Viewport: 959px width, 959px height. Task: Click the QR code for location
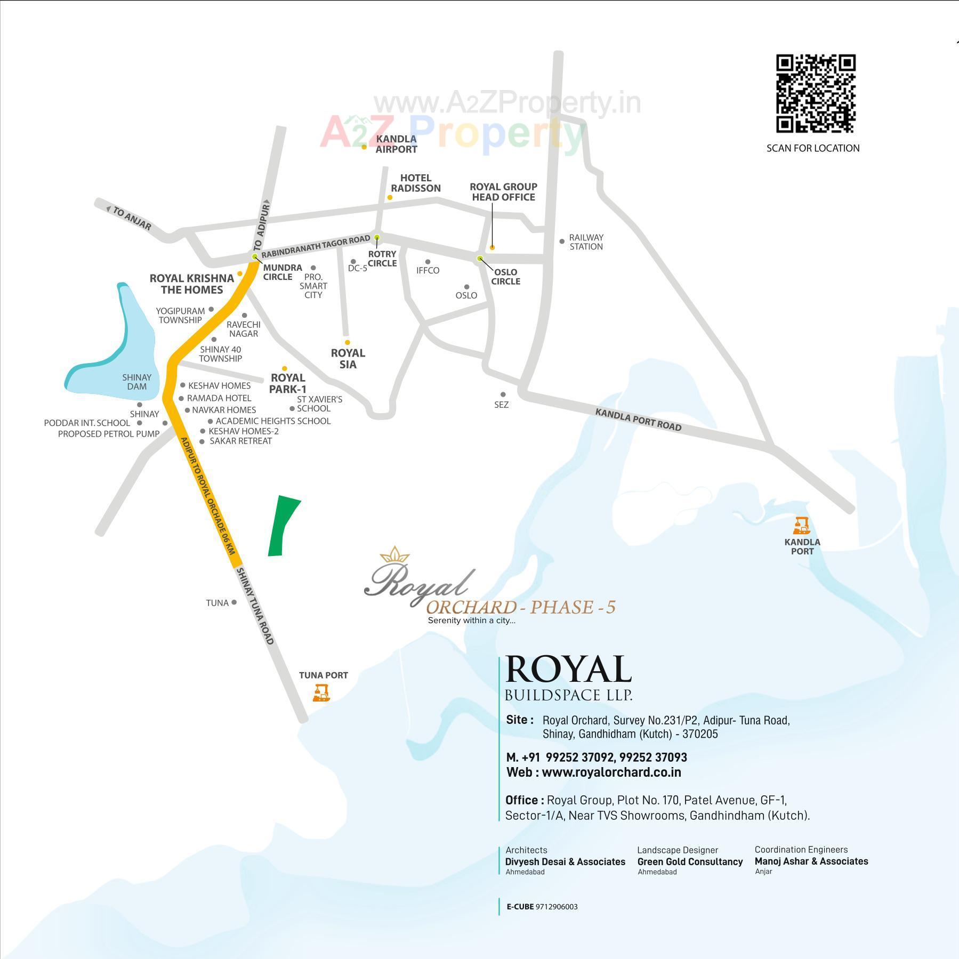816,93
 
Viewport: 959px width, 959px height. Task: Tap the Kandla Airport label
396,144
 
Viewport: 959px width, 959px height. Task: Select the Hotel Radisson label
416,183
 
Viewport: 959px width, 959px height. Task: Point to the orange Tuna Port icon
321,693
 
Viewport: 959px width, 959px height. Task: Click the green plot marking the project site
283,525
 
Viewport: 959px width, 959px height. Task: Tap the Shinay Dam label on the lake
137,382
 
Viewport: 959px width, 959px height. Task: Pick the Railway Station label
586,242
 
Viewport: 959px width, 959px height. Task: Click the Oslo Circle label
505,277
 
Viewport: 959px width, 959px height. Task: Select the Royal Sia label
348,359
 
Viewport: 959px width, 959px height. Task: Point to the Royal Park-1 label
288,383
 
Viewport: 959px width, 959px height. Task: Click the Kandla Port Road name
638,420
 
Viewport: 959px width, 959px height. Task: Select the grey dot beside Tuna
234,602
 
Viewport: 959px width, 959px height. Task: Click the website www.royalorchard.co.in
611,772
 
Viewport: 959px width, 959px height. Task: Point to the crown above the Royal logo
394,554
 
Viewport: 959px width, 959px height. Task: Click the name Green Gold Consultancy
690,861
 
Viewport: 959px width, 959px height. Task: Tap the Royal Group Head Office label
503,192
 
